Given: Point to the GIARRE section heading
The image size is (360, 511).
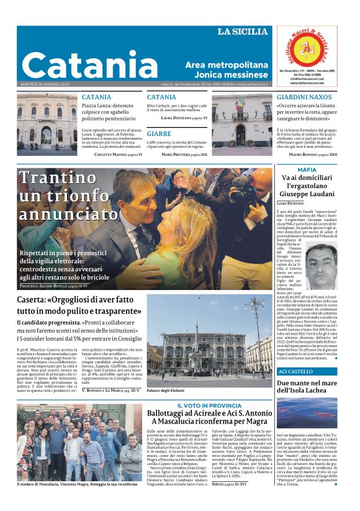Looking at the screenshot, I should coord(160,133).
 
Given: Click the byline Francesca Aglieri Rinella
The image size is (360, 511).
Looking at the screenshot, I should coord(54,286).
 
